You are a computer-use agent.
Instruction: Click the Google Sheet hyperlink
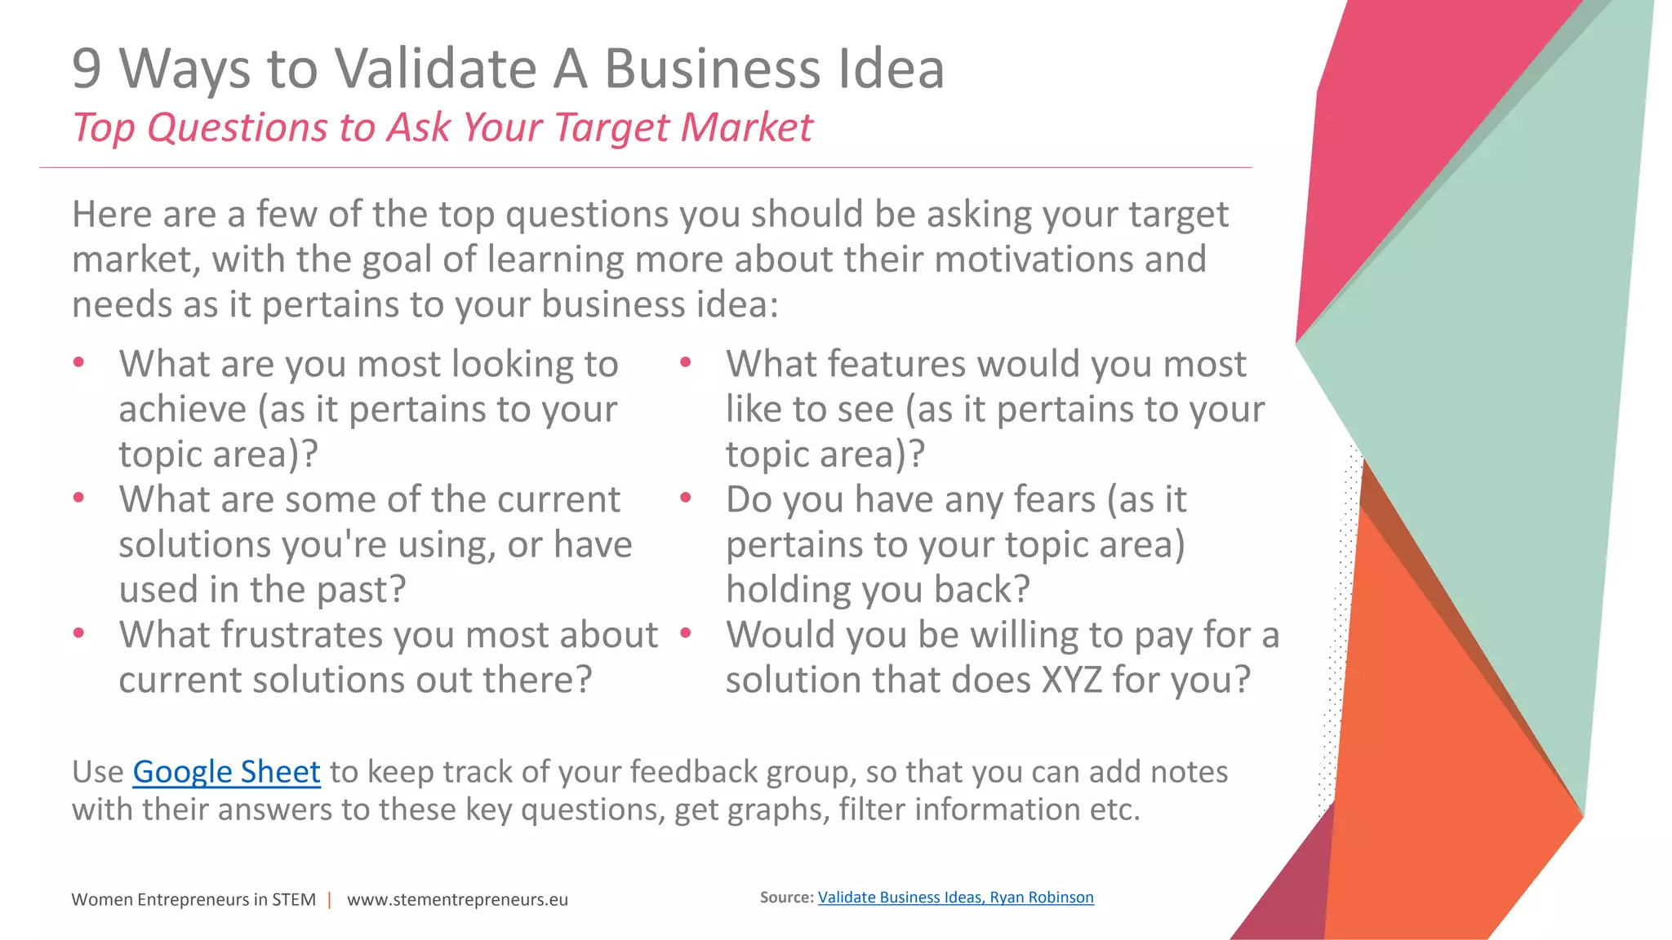226,772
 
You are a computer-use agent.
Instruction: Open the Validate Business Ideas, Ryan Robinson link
955,898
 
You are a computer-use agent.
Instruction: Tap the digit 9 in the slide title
87,69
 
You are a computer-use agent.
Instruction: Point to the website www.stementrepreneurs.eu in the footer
457,900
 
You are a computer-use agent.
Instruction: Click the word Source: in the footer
786,898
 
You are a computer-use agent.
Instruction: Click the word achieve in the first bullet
182,409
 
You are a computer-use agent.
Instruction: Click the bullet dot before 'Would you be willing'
686,632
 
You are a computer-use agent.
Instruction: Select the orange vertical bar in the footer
330,900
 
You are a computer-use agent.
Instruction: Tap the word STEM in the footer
294,900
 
